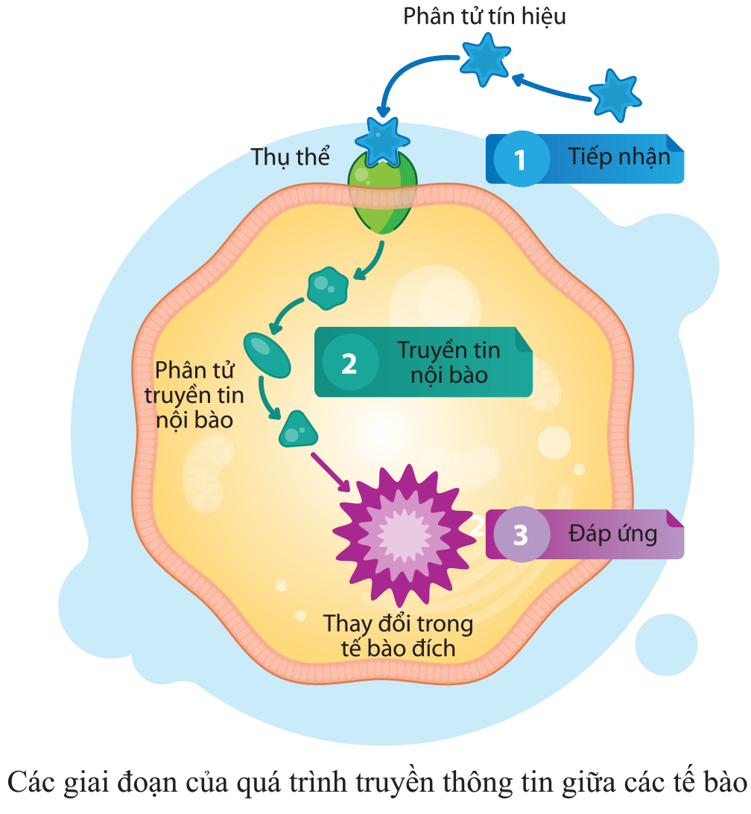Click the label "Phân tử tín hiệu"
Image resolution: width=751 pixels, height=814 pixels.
484,16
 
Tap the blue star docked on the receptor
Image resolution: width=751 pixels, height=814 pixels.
382,139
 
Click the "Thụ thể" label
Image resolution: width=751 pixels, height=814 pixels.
290,157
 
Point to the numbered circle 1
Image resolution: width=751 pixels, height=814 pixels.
520,159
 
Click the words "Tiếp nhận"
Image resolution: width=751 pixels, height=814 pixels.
618,157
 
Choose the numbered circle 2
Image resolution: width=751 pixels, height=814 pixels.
349,363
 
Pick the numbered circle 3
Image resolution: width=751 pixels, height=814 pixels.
520,534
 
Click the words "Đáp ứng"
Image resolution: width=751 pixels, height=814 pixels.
612,533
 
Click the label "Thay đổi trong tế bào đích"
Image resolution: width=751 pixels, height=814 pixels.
398,635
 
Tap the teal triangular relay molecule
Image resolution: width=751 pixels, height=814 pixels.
297,429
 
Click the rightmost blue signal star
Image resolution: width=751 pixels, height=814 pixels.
616,95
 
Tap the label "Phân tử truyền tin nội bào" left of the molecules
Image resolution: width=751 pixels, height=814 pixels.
194,395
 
